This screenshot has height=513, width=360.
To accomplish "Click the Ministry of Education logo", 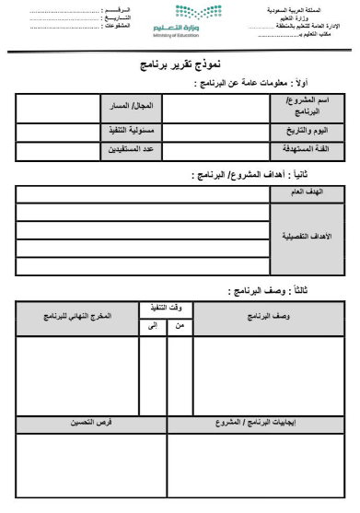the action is (x=180, y=20).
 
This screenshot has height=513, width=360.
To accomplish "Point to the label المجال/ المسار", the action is (x=131, y=106).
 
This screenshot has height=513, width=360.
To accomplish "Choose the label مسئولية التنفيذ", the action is (x=131, y=131).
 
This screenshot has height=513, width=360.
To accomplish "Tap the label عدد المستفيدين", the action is (x=131, y=147).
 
